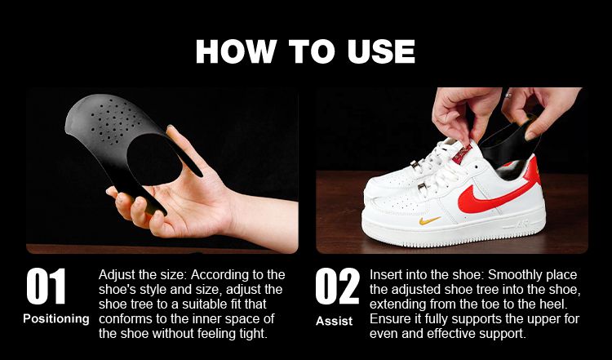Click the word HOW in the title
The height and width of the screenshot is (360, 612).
(236, 51)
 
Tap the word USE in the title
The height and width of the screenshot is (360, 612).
(381, 51)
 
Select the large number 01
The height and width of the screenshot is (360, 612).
(46, 287)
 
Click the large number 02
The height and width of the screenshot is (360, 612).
(337, 287)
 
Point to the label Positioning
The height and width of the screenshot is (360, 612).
(56, 318)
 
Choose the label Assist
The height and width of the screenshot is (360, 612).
(334, 321)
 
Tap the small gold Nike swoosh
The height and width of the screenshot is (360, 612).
(430, 220)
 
